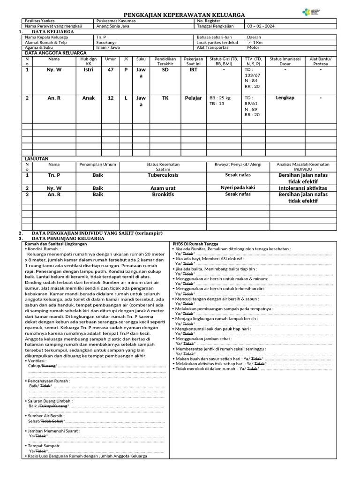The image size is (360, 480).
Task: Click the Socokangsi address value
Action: coord(107,42)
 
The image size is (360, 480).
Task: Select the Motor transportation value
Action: coord(253,47)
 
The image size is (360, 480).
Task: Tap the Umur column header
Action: coord(111,59)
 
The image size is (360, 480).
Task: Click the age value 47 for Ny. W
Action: coord(111,70)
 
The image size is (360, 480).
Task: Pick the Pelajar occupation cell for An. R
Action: coord(193,98)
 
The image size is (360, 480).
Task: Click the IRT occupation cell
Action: coord(193,70)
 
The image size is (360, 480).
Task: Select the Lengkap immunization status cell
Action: coord(285,98)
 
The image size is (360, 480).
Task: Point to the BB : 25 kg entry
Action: coord(220,98)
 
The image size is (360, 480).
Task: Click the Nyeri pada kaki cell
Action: coord(238,187)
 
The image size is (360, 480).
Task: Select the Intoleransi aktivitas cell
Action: coord(302,188)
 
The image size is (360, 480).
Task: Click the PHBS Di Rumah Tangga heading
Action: coord(195,244)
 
